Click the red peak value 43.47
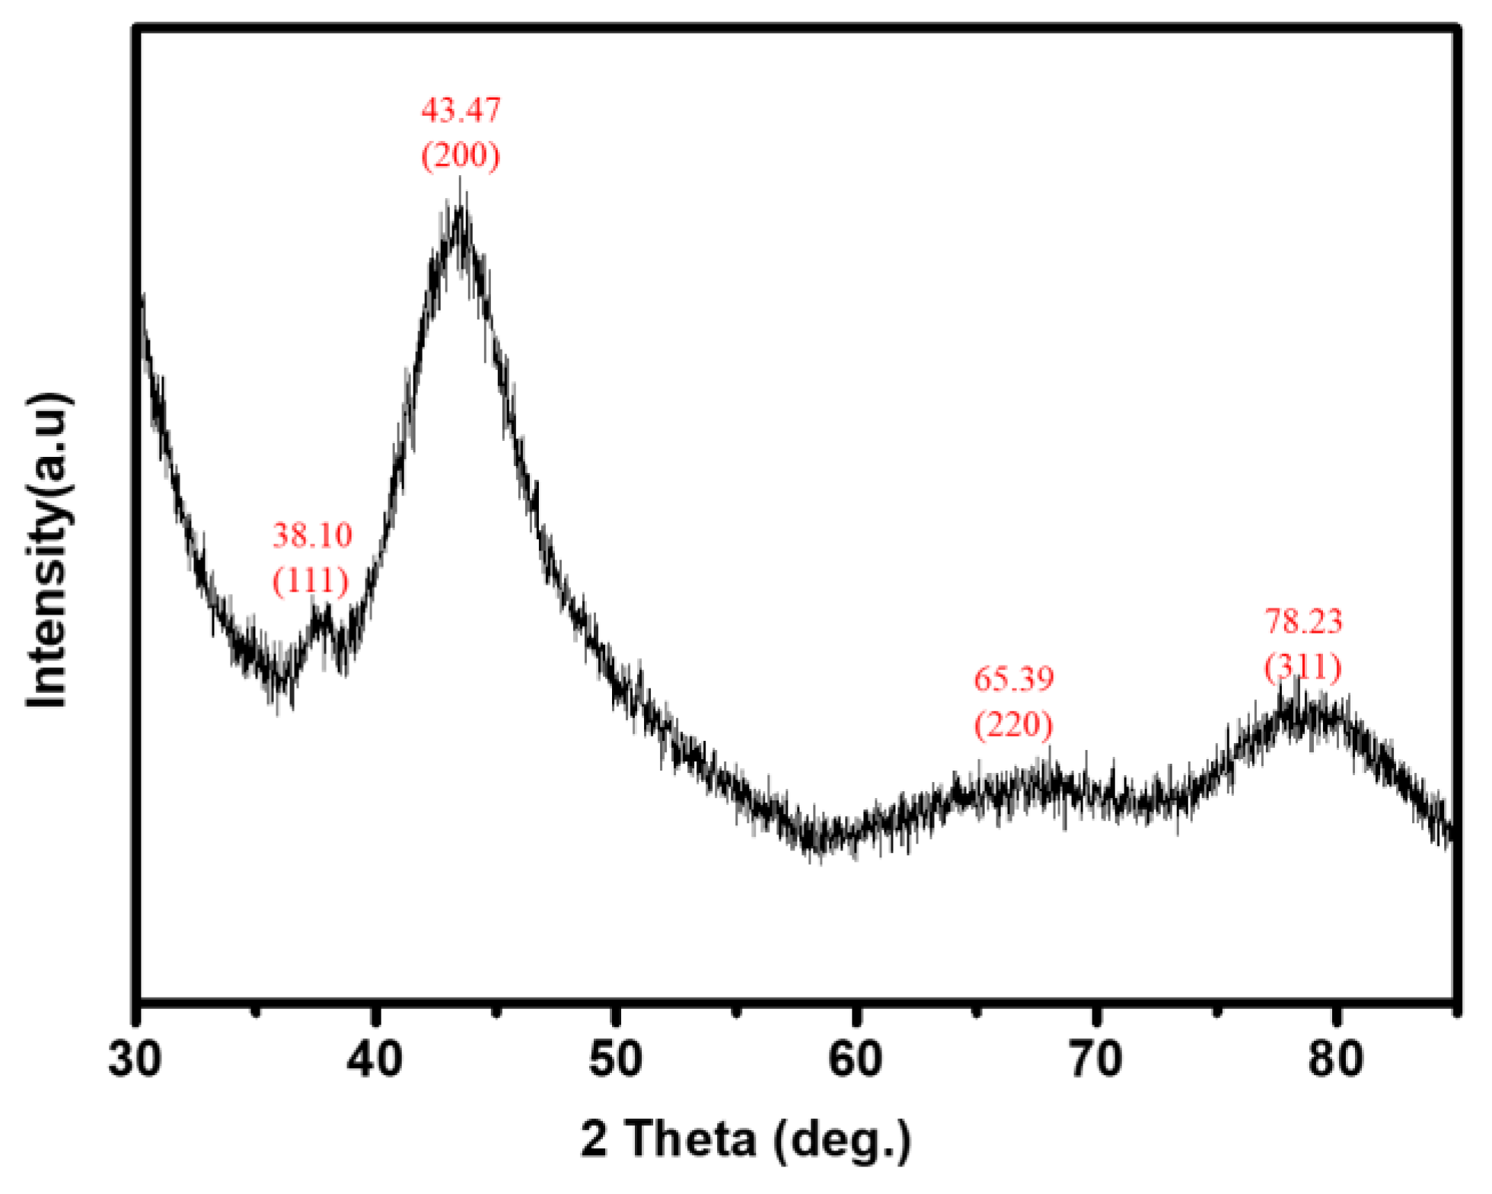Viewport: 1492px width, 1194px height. pyautogui.click(x=461, y=110)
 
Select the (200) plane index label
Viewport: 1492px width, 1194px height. pyautogui.click(x=461, y=155)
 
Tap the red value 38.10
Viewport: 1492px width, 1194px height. pyautogui.click(x=312, y=536)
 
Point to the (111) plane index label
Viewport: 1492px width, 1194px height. pyautogui.click(x=311, y=582)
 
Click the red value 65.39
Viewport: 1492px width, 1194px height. pyautogui.click(x=1014, y=678)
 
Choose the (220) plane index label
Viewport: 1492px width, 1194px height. pyautogui.click(x=1014, y=724)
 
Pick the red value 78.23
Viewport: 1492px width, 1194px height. pyautogui.click(x=1303, y=622)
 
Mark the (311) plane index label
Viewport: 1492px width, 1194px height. pyautogui.click(x=1303, y=668)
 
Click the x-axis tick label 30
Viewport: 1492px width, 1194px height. pyautogui.click(x=135, y=1059)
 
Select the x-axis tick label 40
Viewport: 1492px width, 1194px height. pyautogui.click(x=375, y=1059)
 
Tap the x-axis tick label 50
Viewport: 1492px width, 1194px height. pyautogui.click(x=615, y=1059)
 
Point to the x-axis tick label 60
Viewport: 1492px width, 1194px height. pyautogui.click(x=856, y=1059)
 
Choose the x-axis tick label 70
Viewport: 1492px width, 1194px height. pyautogui.click(x=1096, y=1059)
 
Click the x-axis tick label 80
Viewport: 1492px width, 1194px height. pyautogui.click(x=1336, y=1059)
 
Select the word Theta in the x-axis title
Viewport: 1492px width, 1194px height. pyautogui.click(x=693, y=1140)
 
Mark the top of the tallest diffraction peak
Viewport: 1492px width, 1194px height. pyautogui.click(x=460, y=206)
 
